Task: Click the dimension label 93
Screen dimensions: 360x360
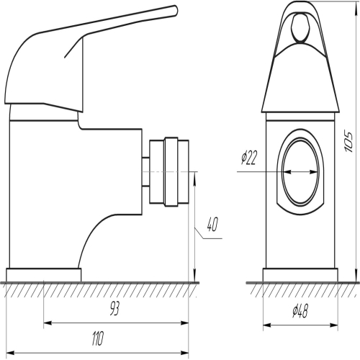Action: point(114,308)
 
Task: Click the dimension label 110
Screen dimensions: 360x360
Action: point(98,338)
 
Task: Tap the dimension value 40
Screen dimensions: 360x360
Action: point(212,224)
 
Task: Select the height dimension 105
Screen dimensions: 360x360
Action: point(348,142)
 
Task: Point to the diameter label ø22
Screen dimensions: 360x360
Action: point(249,158)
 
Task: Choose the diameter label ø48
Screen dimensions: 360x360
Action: point(300,311)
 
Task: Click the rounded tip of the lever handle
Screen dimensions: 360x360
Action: point(175,11)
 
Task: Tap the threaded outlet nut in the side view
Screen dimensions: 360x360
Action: point(169,172)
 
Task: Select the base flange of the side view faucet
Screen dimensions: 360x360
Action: point(44,275)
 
